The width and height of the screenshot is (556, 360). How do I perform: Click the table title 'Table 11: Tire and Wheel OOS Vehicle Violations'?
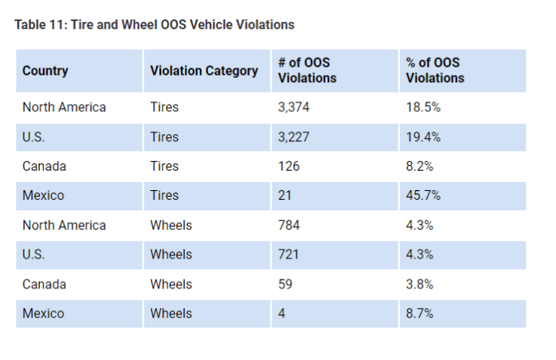(x=154, y=25)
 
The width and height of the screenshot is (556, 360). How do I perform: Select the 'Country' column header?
(x=46, y=71)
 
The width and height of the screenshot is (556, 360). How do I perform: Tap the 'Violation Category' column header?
(x=204, y=71)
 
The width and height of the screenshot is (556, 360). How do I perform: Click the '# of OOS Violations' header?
(x=307, y=71)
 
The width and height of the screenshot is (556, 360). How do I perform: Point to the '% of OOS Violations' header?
(x=435, y=71)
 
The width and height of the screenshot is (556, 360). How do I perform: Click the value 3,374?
(x=294, y=107)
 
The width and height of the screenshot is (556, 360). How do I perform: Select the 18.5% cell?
(x=424, y=107)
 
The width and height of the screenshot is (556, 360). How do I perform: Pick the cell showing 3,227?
(x=294, y=137)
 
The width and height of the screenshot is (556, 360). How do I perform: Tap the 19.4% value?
(x=424, y=137)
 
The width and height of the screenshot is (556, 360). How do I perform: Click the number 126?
(x=289, y=167)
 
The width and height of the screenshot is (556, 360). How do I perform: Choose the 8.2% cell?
(x=420, y=167)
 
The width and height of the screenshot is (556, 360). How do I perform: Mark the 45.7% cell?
(x=424, y=196)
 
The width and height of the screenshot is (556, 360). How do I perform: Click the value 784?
(x=289, y=225)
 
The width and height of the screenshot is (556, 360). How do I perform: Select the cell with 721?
(x=289, y=254)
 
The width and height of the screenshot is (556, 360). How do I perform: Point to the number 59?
(x=285, y=284)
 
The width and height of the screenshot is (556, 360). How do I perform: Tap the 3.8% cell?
(x=420, y=284)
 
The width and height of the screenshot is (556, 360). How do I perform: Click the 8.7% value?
(x=420, y=314)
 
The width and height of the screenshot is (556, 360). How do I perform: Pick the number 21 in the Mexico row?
(x=285, y=196)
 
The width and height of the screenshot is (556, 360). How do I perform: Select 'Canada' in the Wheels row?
(x=45, y=284)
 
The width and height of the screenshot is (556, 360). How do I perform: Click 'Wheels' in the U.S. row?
(x=171, y=254)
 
